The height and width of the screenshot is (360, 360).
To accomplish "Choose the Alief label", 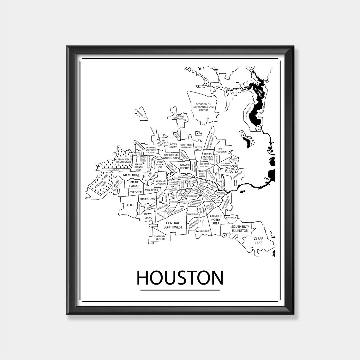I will coord(130,205).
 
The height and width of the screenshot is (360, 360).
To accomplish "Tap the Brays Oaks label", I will coord(148,215).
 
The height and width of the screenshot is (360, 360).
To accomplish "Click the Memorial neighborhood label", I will coord(131,175).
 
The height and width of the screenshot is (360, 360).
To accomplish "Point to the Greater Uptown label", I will coord(160,183).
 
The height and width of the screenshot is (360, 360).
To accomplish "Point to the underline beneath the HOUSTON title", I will coord(180,290).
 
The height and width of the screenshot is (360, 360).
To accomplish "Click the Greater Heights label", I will coord(184,166).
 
